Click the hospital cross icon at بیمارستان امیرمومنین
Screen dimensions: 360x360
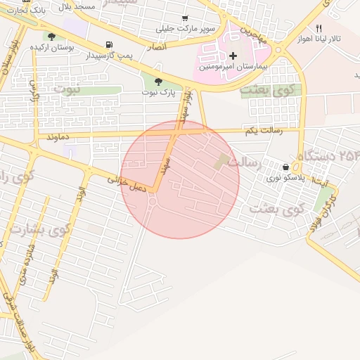pyautogui.click(x=233, y=56)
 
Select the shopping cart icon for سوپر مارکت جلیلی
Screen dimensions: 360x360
pyautogui.click(x=185, y=18)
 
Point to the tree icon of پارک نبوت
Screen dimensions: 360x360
pyautogui.click(x=157, y=82)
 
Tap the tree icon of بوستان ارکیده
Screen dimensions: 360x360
pyautogui.click(x=51, y=36)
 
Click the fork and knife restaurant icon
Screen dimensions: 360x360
pyautogui.click(x=319, y=27)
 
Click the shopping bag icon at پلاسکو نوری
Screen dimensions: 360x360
pyautogui.click(x=285, y=167)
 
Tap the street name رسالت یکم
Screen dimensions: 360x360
pyautogui.click(x=262, y=131)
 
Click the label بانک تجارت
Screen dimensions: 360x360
pyautogui.click(x=15, y=10)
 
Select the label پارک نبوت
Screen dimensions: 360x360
pyautogui.click(x=157, y=92)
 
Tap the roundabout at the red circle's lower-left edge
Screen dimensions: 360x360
pyautogui.click(x=152, y=202)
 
